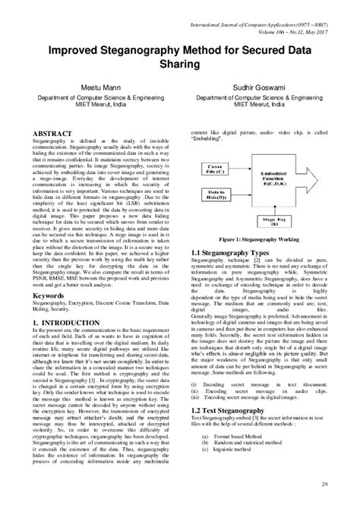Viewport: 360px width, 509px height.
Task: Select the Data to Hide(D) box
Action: tap(219, 195)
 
